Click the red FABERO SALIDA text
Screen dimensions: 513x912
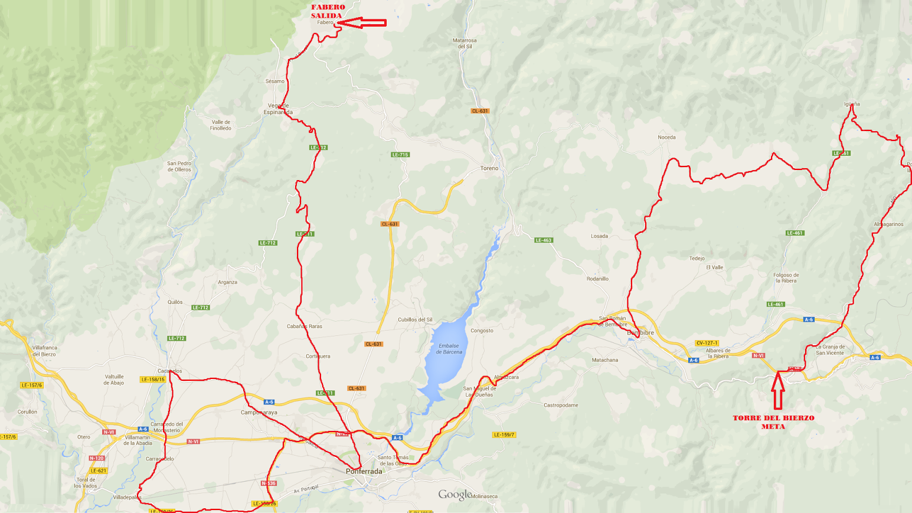(328, 11)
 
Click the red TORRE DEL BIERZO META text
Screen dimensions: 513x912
(773, 421)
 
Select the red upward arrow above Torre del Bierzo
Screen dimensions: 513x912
(778, 390)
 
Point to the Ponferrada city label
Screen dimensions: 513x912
(364, 471)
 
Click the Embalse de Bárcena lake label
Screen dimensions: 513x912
(449, 349)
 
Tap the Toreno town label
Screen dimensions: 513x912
(489, 168)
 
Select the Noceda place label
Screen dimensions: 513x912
(666, 137)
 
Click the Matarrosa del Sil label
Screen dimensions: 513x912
(465, 43)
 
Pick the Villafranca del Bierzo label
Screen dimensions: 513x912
(45, 351)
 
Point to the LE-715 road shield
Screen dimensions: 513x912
(400, 155)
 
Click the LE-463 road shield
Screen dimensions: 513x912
(543, 240)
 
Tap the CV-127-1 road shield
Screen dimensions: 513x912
(707, 343)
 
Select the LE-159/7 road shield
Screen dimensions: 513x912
(504, 434)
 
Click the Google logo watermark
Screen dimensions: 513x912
(455, 495)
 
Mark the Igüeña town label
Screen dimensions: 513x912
(852, 104)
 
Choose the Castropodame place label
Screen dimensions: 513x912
(561, 405)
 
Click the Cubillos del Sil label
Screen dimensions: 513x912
(415, 319)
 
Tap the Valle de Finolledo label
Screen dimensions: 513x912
(221, 125)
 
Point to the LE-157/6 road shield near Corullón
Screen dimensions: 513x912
(31, 385)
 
